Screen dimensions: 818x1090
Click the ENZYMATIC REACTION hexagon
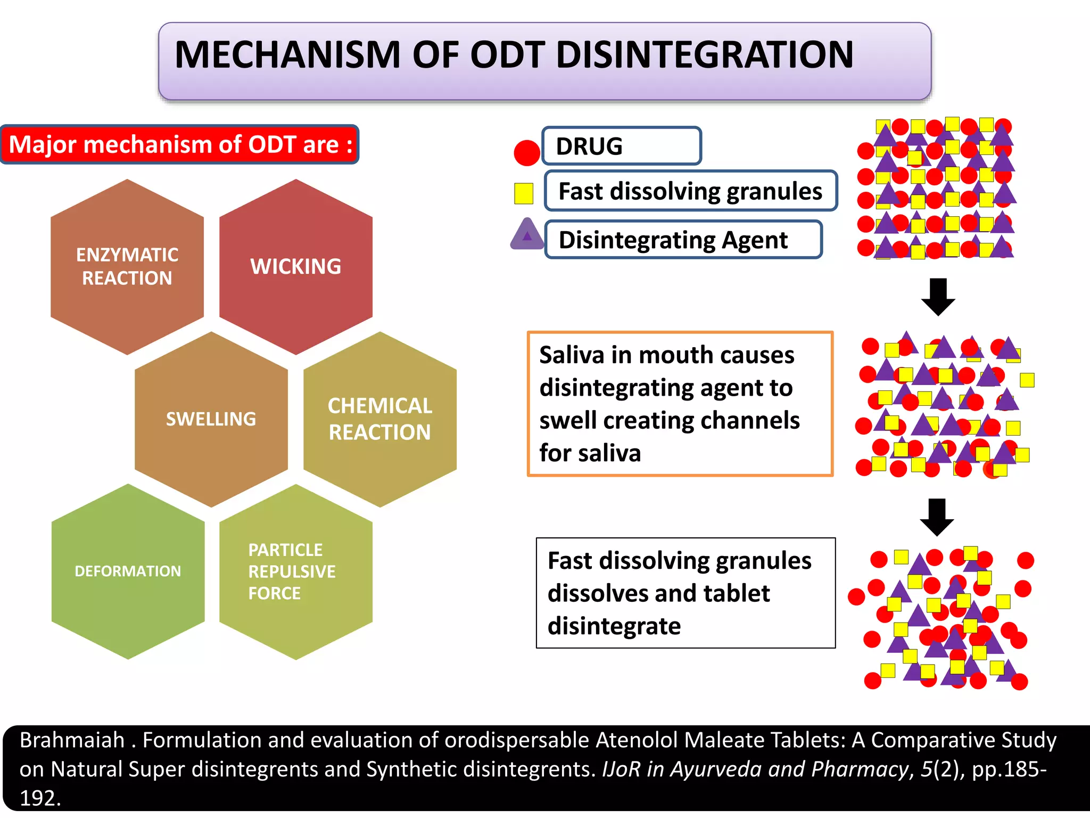click(x=127, y=266)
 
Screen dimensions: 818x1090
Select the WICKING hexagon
click(x=296, y=266)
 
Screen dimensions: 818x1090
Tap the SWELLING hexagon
click(x=211, y=419)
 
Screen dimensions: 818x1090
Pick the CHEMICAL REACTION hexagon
click(x=380, y=419)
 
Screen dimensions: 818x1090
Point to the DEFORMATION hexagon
click(x=128, y=571)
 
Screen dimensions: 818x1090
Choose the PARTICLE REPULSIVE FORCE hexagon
click(x=296, y=571)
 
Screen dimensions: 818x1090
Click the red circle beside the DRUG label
click(x=527, y=153)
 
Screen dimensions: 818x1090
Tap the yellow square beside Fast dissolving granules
click(x=524, y=193)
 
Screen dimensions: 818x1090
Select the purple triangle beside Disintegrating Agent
click(x=527, y=235)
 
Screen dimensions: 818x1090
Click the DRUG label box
click(x=622, y=146)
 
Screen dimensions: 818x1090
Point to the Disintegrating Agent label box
click(x=684, y=240)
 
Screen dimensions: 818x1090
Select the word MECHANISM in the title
click(x=287, y=55)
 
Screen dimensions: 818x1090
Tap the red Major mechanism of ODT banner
click(x=180, y=144)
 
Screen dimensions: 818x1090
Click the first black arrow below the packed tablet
click(x=938, y=297)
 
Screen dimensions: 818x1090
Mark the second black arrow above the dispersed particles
click(x=937, y=517)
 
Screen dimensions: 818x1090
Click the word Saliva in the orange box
click(x=572, y=355)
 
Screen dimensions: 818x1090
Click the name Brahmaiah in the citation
click(x=72, y=740)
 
